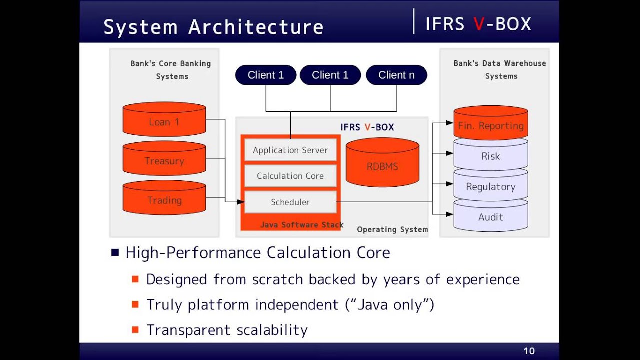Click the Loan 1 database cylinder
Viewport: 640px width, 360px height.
pyautogui.click(x=164, y=120)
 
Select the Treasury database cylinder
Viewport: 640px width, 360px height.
pyautogui.click(x=164, y=159)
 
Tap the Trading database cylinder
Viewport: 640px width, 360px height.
pyautogui.click(x=164, y=198)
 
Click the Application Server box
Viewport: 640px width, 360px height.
pyautogui.click(x=290, y=150)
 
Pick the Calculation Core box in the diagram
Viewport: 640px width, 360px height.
pyautogui.click(x=290, y=176)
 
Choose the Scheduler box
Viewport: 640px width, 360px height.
pyautogui.click(x=290, y=202)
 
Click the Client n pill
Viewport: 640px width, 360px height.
pyautogui.click(x=396, y=75)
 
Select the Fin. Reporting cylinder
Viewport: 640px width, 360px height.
pyautogui.click(x=490, y=124)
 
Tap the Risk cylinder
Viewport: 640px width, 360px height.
pyautogui.click(x=490, y=156)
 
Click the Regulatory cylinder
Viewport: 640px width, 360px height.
pyautogui.click(x=490, y=186)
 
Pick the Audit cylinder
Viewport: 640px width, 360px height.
pyautogui.click(x=490, y=217)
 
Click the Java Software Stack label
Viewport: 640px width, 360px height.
pyautogui.click(x=302, y=225)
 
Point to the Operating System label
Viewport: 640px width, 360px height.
pyautogui.click(x=392, y=229)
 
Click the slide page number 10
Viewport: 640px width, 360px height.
pyautogui.click(x=529, y=351)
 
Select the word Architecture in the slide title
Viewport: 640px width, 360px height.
pyautogui.click(x=256, y=27)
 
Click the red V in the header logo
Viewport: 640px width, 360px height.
pyautogui.click(x=478, y=24)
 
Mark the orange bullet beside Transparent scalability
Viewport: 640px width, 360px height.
pyautogui.click(x=135, y=330)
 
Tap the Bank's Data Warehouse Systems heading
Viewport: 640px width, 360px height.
pyautogui.click(x=500, y=69)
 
